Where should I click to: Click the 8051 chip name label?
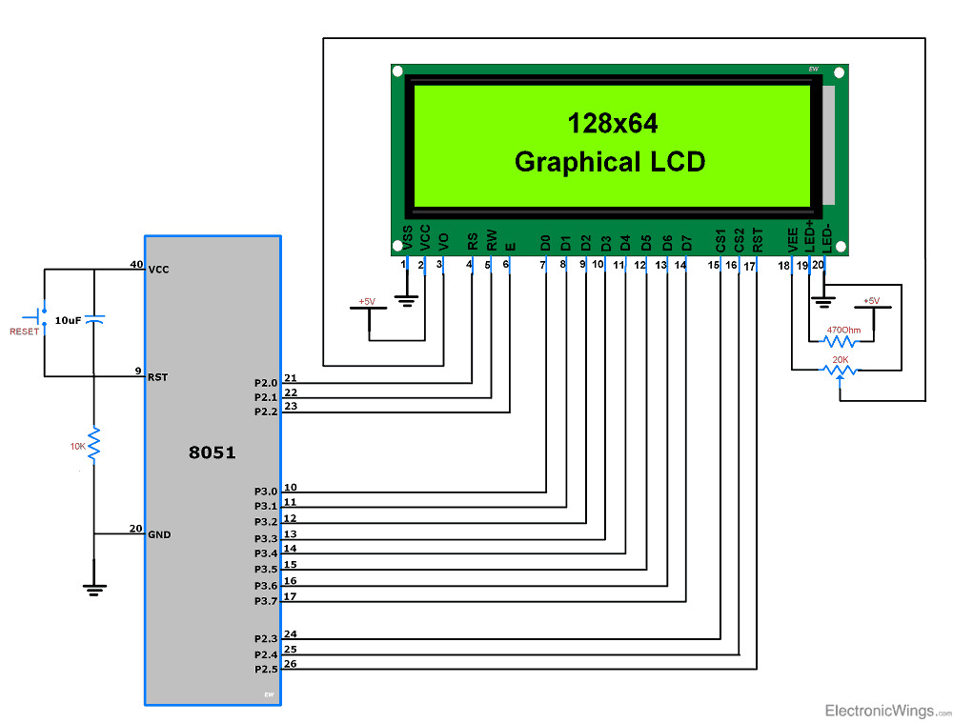click(212, 452)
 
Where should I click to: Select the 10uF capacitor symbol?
click(94, 320)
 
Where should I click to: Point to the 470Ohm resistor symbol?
click(843, 340)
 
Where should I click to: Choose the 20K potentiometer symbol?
click(840, 370)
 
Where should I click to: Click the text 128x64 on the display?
click(612, 123)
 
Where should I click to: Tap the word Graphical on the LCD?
click(565, 162)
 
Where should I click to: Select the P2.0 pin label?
click(266, 383)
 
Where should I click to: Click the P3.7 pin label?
click(266, 601)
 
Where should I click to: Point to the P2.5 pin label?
click(266, 670)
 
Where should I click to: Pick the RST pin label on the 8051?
click(158, 377)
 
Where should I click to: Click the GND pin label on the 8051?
click(159, 534)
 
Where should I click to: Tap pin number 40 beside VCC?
click(136, 265)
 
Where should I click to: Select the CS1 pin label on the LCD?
click(720, 238)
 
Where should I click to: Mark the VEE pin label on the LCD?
click(792, 239)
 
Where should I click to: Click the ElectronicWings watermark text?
click(882, 711)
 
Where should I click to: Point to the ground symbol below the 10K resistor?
click(94, 589)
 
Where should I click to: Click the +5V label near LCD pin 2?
click(367, 302)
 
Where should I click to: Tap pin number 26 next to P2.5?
click(290, 664)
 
